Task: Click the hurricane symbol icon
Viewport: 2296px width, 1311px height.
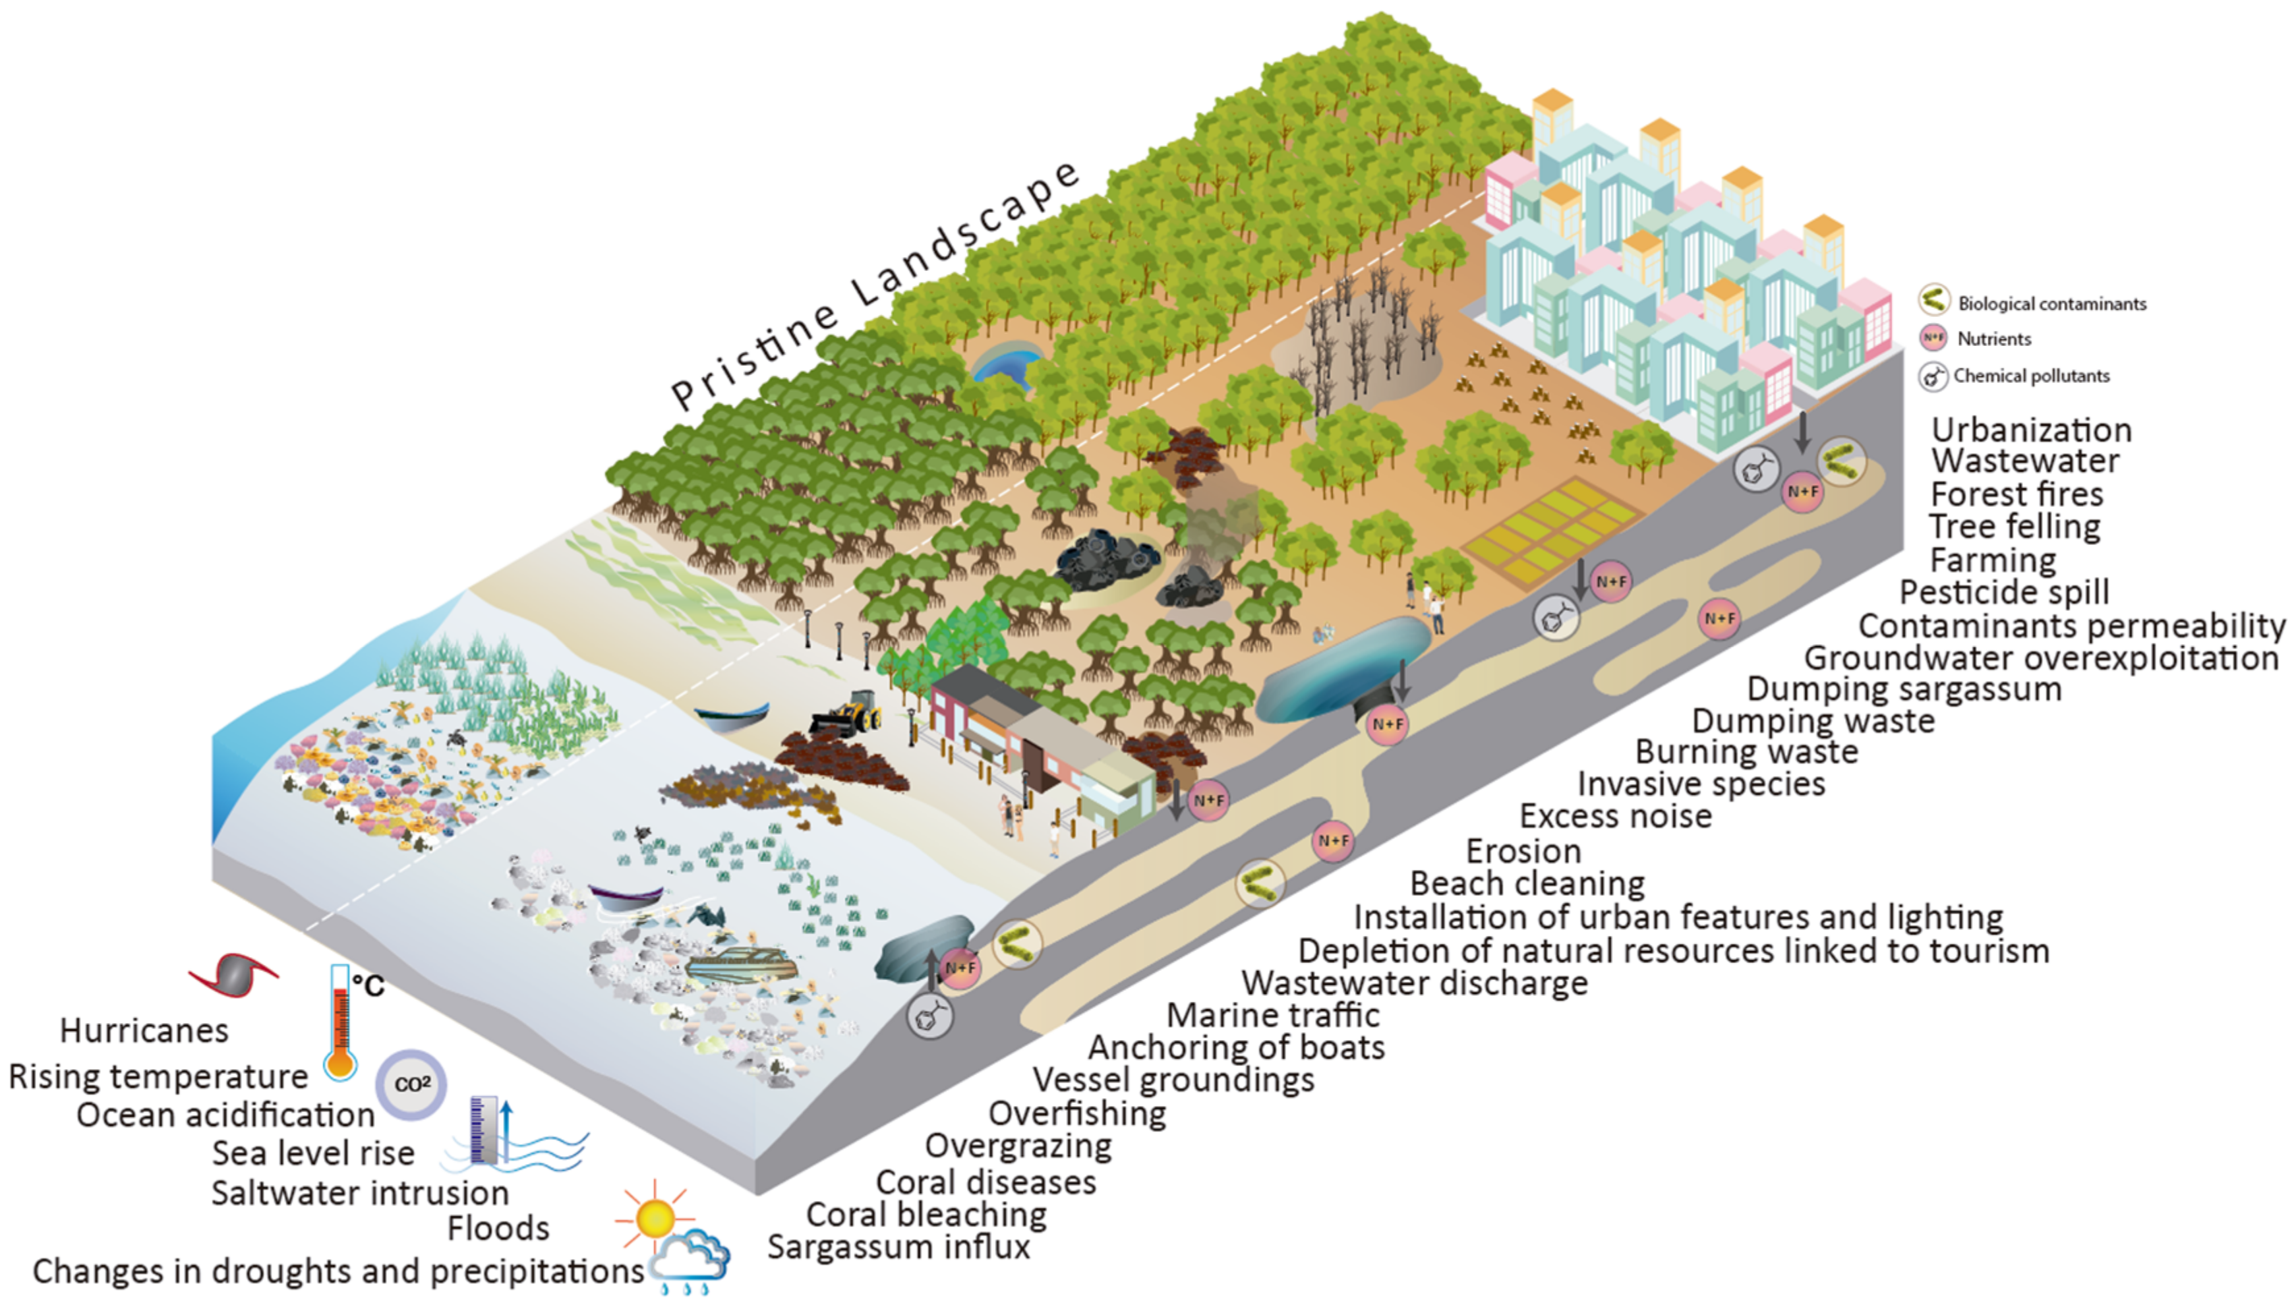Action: pos(233,975)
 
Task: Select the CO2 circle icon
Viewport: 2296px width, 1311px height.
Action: pos(411,1084)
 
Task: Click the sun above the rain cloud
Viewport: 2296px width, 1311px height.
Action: pos(655,1217)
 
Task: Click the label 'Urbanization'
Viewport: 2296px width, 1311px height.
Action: pos(2031,430)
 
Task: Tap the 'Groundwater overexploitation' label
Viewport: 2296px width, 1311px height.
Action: pos(2041,658)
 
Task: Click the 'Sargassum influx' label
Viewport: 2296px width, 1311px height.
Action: pos(898,1247)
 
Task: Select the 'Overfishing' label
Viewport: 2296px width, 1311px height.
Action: pos(1077,1114)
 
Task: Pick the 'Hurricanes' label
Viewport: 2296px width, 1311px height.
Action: pos(144,1031)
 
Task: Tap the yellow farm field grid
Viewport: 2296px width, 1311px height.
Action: pos(1550,531)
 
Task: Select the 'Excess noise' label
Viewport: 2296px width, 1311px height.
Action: pos(1615,817)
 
